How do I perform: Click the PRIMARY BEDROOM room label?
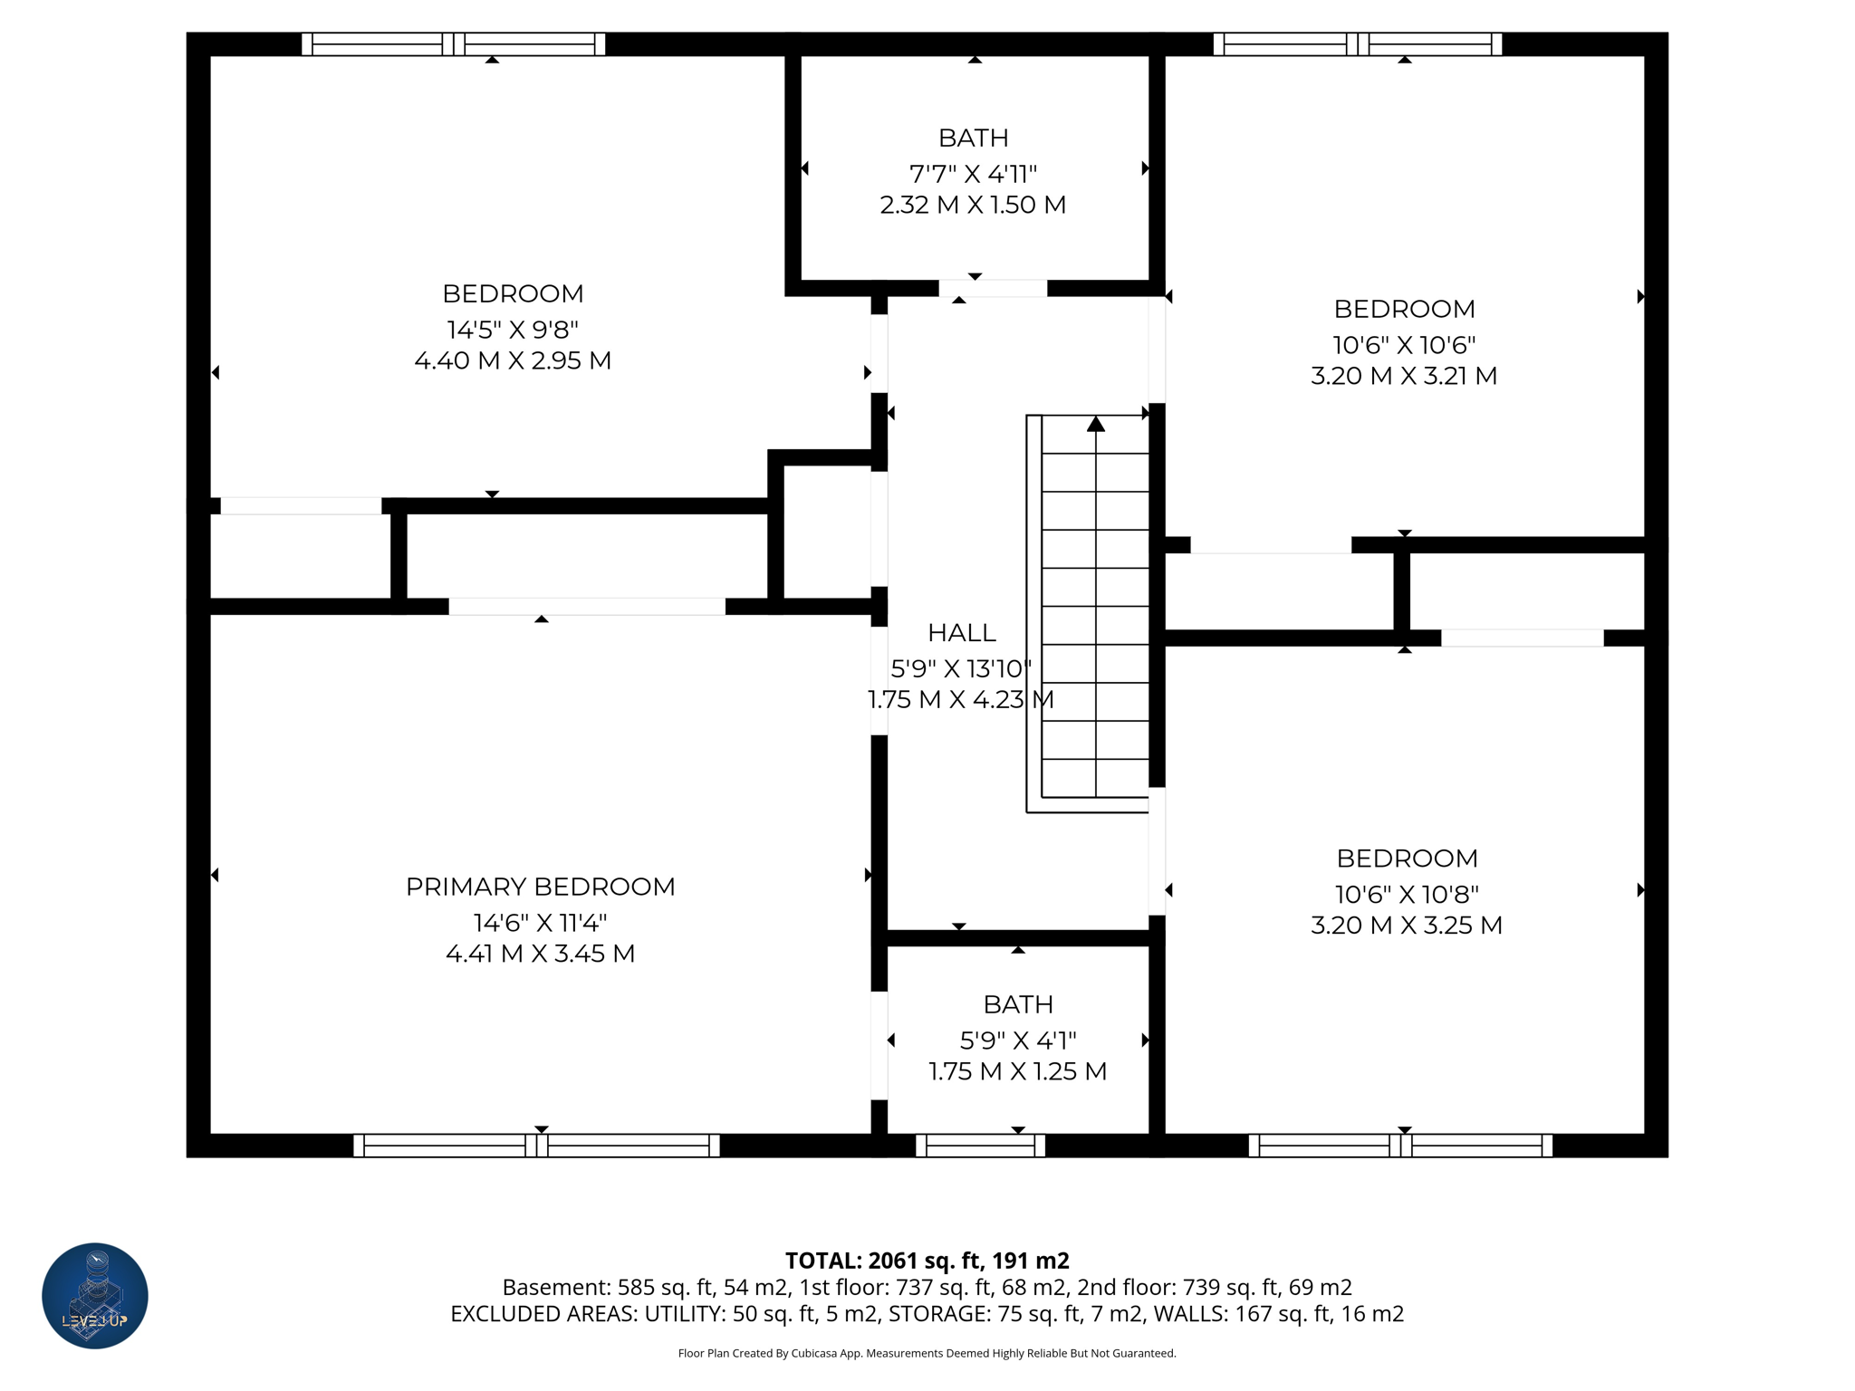click(x=540, y=887)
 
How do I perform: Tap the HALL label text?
click(x=961, y=632)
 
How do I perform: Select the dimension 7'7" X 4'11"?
click(x=973, y=173)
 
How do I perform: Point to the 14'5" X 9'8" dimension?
click(x=512, y=329)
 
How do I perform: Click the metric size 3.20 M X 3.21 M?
click(x=1403, y=376)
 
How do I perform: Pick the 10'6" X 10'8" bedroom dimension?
click(x=1406, y=894)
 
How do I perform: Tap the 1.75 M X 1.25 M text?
click(x=1017, y=1071)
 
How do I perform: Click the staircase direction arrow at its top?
click(x=1096, y=424)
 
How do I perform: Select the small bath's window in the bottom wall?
click(x=980, y=1146)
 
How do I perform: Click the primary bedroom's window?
click(x=536, y=1146)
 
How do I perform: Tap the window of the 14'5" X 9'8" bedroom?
click(x=453, y=43)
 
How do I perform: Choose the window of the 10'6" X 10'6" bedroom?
click(x=1357, y=43)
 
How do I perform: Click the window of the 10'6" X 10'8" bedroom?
click(x=1399, y=1146)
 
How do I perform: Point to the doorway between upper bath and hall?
click(x=993, y=288)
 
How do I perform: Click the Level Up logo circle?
click(x=95, y=1295)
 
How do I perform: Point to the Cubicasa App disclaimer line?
click(x=927, y=1353)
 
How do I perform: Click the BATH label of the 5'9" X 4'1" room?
click(x=1017, y=1004)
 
